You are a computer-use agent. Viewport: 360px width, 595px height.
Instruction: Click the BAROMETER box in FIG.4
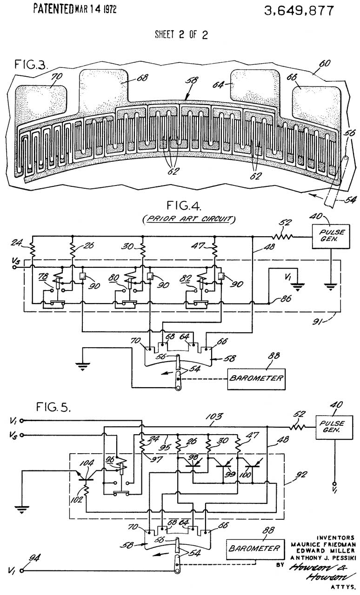[x=255, y=378]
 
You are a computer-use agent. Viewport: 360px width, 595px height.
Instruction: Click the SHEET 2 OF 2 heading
[x=180, y=37]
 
